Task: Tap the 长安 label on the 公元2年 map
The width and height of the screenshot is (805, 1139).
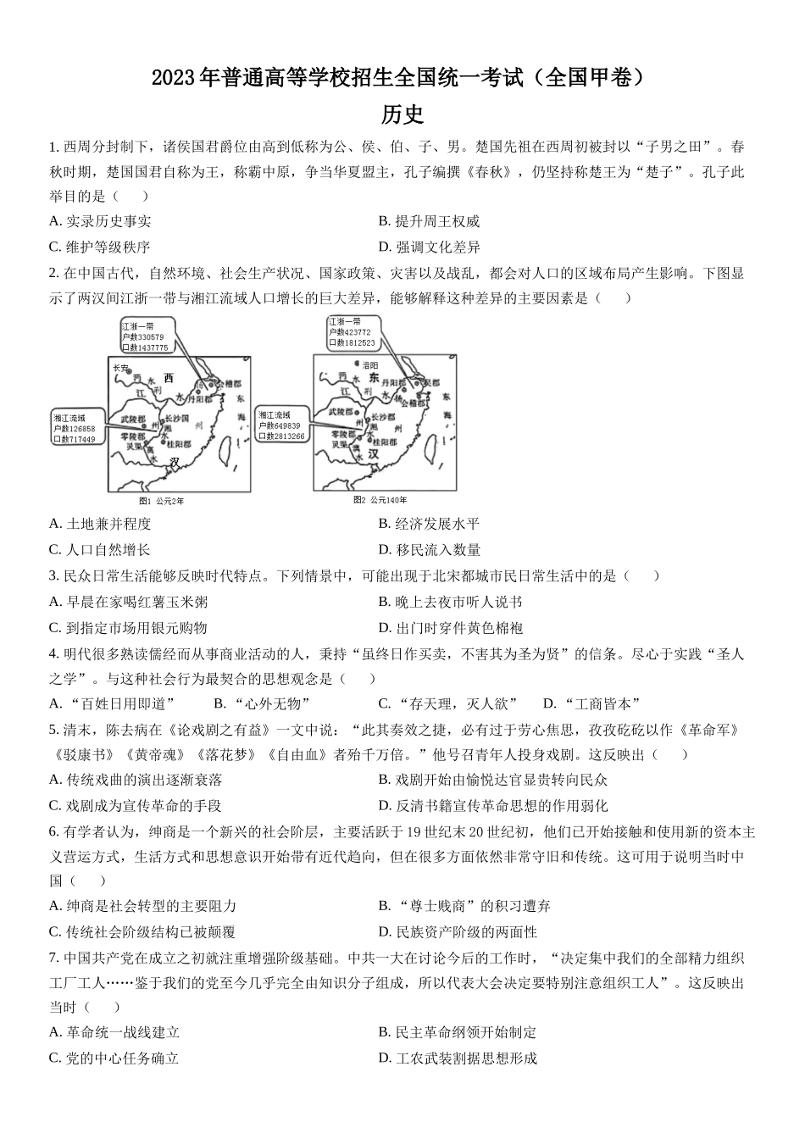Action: pos(120,369)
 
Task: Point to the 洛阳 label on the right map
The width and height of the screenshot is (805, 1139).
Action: pos(370,364)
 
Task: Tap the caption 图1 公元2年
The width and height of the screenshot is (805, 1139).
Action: pos(161,501)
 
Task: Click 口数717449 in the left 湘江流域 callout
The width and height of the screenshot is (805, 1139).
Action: pos(75,440)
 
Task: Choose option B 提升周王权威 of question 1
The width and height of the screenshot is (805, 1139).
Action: pos(429,221)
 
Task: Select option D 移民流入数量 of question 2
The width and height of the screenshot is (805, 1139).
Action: pos(429,550)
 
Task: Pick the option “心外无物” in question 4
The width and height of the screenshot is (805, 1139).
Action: pos(262,703)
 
